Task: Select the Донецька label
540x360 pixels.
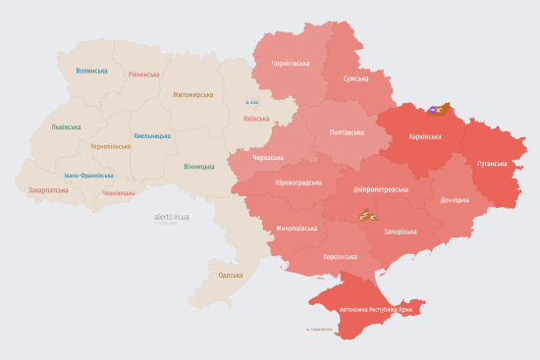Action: (455, 199)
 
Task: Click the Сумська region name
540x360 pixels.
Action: (355, 78)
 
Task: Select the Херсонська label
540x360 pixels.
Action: (340, 256)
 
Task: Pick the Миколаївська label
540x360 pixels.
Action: (297, 228)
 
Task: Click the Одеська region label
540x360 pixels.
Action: (230, 276)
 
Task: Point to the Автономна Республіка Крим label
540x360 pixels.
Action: (378, 310)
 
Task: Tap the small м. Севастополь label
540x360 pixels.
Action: (321, 329)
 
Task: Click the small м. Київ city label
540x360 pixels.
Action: (252, 102)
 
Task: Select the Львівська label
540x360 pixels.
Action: (66, 127)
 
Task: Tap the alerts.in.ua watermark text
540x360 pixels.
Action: (172, 216)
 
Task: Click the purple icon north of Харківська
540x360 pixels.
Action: (433, 111)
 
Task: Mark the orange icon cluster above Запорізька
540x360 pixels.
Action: (365, 215)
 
